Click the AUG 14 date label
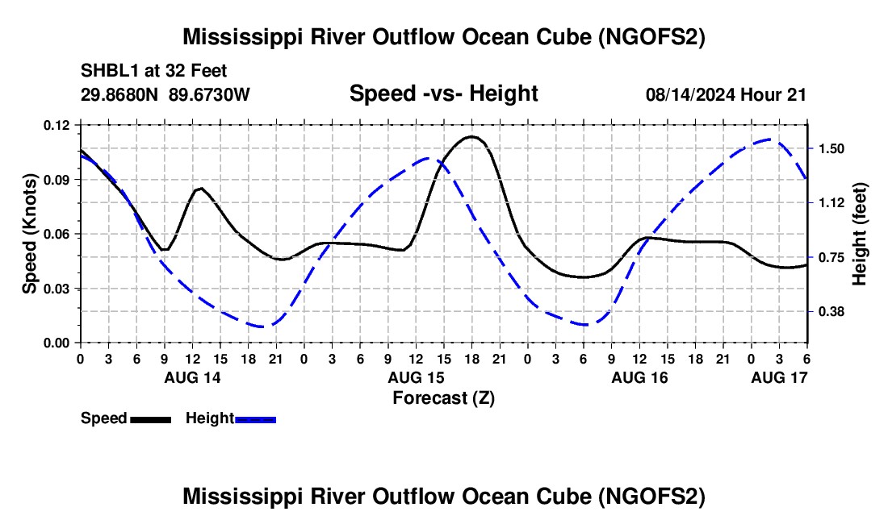click(x=192, y=377)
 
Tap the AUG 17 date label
click(x=779, y=377)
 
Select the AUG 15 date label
click(x=416, y=377)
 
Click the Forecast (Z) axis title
click(x=443, y=397)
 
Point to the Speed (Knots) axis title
click(x=29, y=234)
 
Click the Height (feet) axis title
click(x=859, y=234)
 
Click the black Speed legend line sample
click(x=150, y=419)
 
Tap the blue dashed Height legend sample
click(x=255, y=419)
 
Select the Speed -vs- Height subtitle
click(x=443, y=94)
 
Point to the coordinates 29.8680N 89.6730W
click(x=165, y=95)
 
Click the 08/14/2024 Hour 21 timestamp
click(x=726, y=95)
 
